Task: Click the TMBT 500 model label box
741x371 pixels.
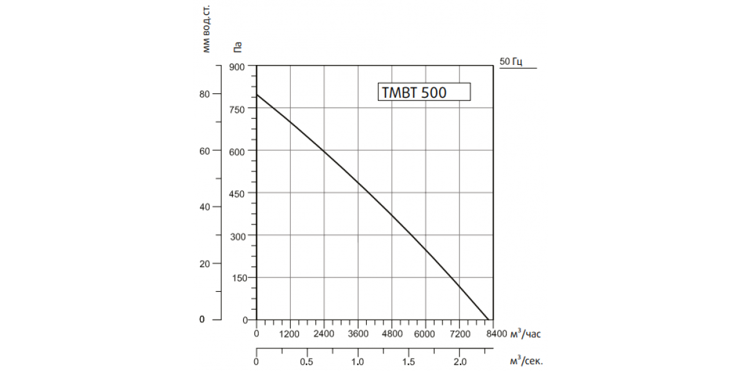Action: (x=424, y=92)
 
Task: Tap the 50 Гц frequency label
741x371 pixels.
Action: (x=511, y=62)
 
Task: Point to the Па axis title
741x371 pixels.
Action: (x=238, y=48)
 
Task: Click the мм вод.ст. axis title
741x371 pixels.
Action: (x=206, y=29)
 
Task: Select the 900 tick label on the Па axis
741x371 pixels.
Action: (x=237, y=67)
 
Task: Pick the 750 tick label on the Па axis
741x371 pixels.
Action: (x=237, y=109)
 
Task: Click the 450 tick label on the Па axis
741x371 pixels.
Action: (x=237, y=194)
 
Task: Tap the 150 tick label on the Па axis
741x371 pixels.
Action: (x=240, y=278)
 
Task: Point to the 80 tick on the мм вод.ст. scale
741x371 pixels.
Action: (x=204, y=94)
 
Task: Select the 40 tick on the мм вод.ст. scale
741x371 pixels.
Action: (x=204, y=207)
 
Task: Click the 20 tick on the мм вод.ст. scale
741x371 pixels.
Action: (x=204, y=264)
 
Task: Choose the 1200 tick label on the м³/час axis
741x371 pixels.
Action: (x=289, y=334)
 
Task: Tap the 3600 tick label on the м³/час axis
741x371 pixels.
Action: (x=358, y=334)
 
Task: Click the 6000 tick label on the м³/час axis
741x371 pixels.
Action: (x=425, y=334)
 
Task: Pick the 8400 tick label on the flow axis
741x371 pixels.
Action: (x=496, y=333)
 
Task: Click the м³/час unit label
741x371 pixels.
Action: (x=525, y=333)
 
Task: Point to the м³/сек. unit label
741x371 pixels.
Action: (x=526, y=360)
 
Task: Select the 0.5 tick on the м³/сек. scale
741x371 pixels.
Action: (x=307, y=362)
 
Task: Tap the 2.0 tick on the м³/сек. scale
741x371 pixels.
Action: (x=460, y=362)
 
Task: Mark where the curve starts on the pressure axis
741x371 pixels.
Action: (x=257, y=95)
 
